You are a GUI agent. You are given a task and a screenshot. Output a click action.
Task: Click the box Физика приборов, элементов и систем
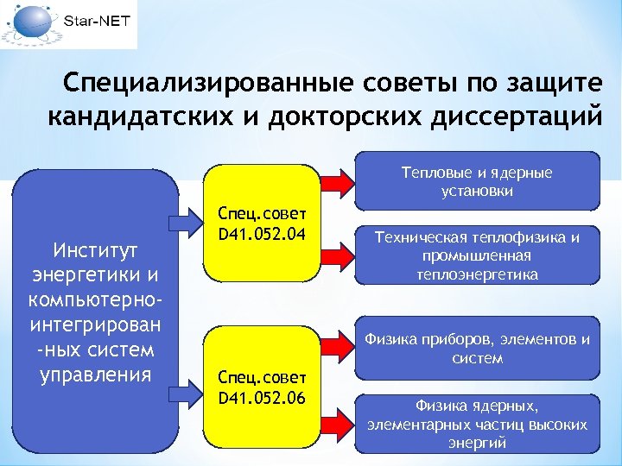click(477, 349)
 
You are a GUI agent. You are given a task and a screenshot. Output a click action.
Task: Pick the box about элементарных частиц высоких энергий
click(477, 424)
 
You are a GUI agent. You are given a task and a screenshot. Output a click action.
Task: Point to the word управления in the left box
click(96, 375)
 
